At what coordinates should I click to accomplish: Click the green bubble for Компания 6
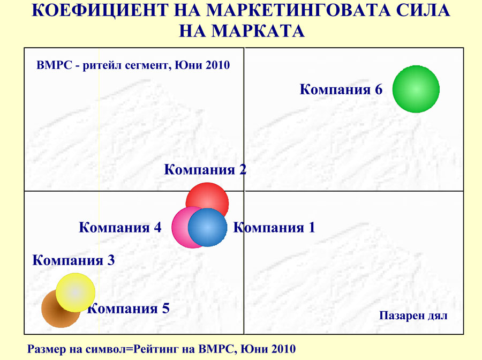pos(416,89)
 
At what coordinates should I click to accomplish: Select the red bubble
pos(207,197)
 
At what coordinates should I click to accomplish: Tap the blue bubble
pos(207,228)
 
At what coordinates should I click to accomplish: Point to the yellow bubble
pos(76,292)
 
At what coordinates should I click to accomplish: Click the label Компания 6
pos(341,89)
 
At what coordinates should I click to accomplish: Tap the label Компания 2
pos(205,169)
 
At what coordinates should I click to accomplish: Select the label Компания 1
pos(274,228)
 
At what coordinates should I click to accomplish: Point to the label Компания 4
pos(120,228)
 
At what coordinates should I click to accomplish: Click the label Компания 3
pos(73,260)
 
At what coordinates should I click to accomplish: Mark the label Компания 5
pos(129,309)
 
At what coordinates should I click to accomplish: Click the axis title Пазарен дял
pos(413,316)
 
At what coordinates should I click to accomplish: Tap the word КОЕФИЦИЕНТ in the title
pos(100,10)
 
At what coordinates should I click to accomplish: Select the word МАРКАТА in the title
pos(258,31)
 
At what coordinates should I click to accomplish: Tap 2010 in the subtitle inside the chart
pos(217,65)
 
